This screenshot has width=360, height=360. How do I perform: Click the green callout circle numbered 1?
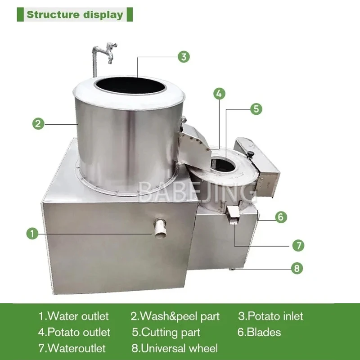pos(32,234)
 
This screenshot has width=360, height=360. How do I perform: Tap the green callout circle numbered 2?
pos(38,123)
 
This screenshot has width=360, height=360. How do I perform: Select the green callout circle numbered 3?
pos(183,57)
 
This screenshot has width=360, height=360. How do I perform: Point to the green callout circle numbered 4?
pos(218,94)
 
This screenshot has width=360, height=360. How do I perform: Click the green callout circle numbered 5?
pos(255,108)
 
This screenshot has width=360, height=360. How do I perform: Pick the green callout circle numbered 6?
pos(280,217)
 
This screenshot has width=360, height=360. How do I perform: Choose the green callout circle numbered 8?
pos(297,269)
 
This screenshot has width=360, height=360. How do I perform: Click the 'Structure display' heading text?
pos(75,14)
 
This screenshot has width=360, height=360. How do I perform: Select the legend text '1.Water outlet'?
pos(73,316)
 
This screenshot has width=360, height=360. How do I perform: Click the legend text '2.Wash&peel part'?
pos(175,316)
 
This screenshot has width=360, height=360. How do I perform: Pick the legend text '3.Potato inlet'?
pos(270,316)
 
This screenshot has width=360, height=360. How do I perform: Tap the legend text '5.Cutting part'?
pos(166,333)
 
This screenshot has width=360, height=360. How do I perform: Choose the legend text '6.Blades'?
pos(259,333)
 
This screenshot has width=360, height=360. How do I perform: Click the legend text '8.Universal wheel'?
pos(175,348)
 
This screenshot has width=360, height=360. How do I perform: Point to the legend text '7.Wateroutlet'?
pos(72,348)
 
